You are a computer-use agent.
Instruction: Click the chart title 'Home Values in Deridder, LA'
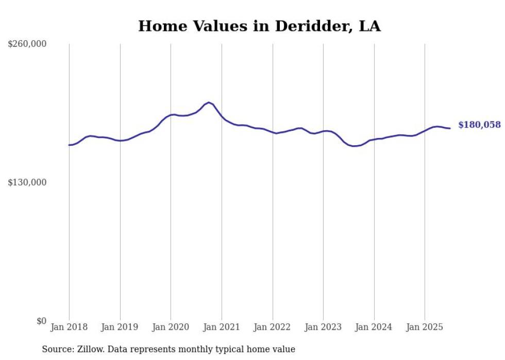[x=259, y=26]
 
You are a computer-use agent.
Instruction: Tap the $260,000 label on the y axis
[x=27, y=44]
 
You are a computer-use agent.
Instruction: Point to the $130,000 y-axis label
[x=27, y=182]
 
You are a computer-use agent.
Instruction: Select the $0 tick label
[x=42, y=321]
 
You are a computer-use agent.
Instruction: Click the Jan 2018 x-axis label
[x=69, y=327]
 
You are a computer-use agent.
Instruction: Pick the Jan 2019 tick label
[x=120, y=327]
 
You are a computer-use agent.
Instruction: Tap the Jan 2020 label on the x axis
[x=171, y=327]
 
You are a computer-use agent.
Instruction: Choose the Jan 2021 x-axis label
[x=222, y=327]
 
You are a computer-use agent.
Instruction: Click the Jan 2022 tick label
[x=273, y=327]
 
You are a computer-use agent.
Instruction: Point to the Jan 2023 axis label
[x=323, y=327]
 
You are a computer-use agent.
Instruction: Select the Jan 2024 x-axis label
[x=374, y=327]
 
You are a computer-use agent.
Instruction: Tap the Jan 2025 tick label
[x=425, y=327]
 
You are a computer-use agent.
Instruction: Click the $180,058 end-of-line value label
[x=479, y=125]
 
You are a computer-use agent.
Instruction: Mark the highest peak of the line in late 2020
[x=209, y=102]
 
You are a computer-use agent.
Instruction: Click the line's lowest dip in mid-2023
[x=353, y=146]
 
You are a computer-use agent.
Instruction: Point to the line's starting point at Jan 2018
[x=69, y=145]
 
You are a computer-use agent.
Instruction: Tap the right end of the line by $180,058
[x=450, y=128]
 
